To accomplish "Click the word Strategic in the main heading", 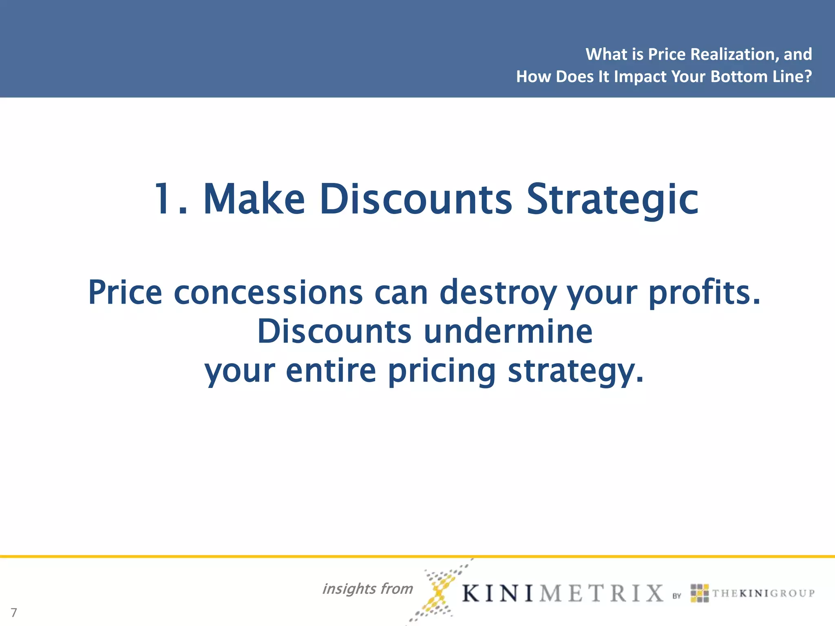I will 612,200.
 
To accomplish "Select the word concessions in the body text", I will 268,292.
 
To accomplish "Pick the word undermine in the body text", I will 508,331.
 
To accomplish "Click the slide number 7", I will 14,612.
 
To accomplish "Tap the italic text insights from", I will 367,589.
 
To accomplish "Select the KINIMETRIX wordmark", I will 563,593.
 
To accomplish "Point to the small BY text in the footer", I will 677,596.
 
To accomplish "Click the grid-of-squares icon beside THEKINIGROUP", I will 700,593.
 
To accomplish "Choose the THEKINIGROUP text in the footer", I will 763,593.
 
